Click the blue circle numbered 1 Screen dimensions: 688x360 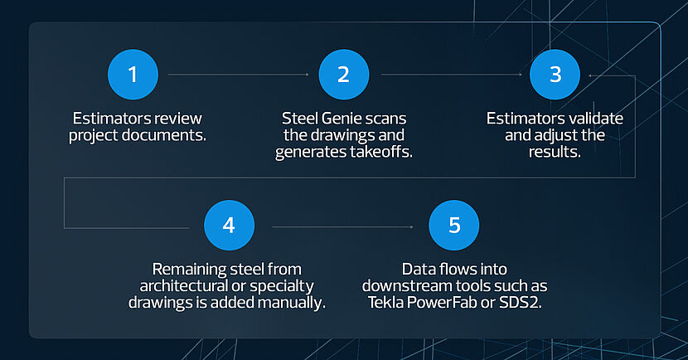pos(133,75)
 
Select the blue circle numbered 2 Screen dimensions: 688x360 pos(344,75)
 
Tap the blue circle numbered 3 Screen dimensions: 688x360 pos(555,75)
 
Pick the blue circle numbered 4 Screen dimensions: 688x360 pos(229,226)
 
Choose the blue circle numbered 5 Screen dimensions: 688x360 pos(454,226)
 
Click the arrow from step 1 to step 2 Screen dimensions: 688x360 pos(239,75)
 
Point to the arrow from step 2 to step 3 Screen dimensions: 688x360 pos(452,75)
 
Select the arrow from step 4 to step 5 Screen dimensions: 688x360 pos(342,227)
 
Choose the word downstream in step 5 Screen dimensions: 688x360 pos(409,286)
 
